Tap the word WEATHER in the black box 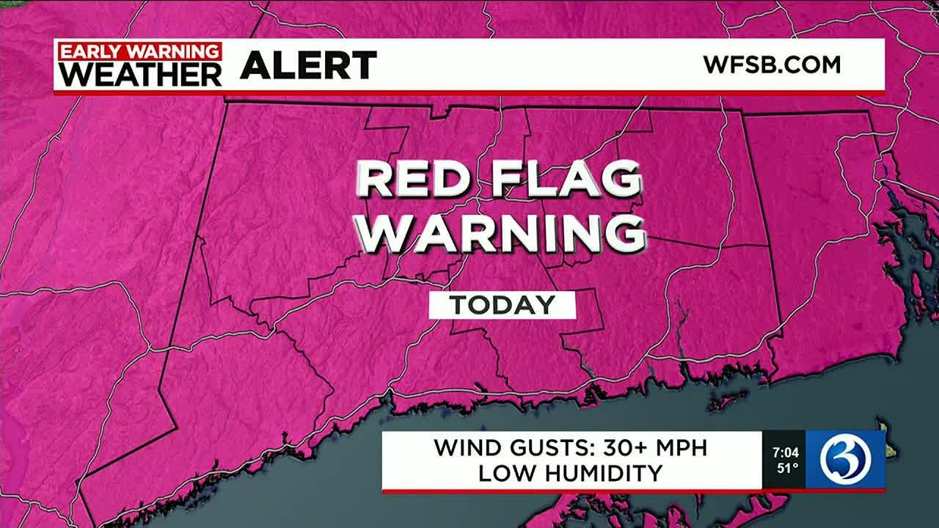pyautogui.click(x=140, y=73)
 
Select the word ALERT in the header pyautogui.click(x=308, y=66)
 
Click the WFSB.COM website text pyautogui.click(x=772, y=65)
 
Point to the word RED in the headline pyautogui.click(x=417, y=180)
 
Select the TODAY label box pyautogui.click(x=503, y=305)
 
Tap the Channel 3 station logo pyautogui.click(x=845, y=460)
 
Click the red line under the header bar pyautogui.click(x=469, y=93)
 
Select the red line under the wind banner pyautogui.click(x=572, y=491)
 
